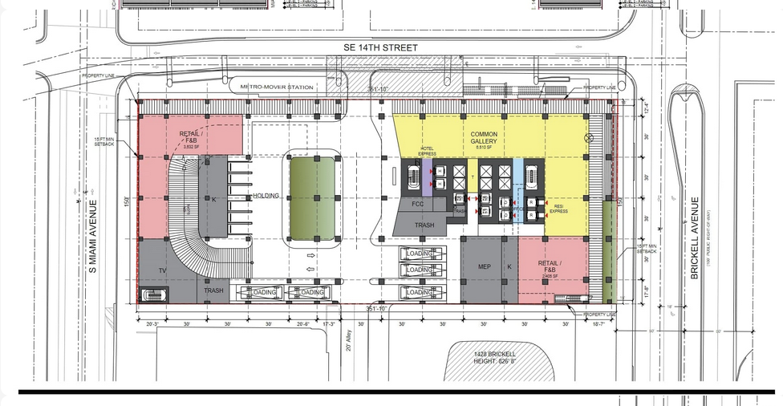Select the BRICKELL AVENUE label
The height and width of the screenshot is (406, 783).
695,238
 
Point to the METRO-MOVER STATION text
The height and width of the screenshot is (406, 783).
273,87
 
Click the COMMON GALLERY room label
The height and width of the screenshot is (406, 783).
484,138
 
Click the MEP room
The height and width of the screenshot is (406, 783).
484,266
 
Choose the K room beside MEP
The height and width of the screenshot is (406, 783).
509,266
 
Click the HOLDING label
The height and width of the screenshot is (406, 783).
266,196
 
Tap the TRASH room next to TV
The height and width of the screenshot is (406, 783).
213,290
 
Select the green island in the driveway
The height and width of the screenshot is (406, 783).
312,197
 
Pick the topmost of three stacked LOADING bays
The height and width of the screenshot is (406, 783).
420,254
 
